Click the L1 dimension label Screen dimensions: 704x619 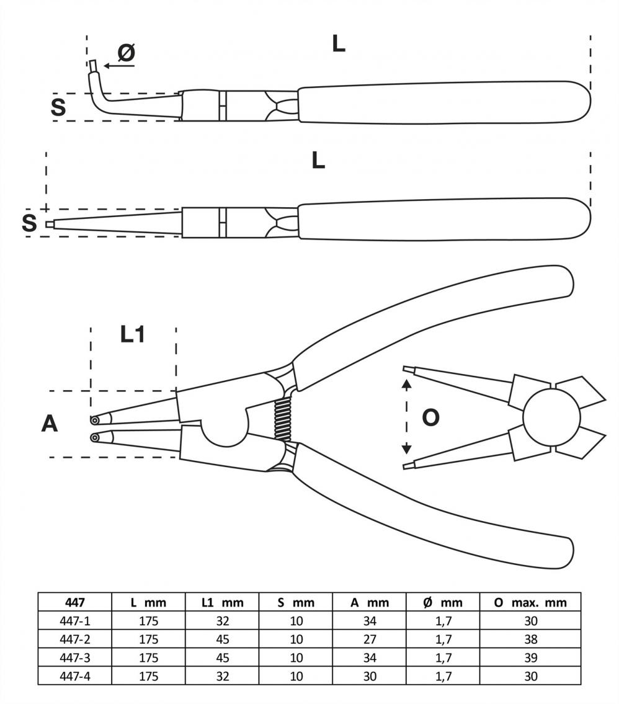coord(132,335)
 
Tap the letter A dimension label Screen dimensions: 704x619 coord(50,424)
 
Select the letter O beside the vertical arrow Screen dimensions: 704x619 coord(430,417)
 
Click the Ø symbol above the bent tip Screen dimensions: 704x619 coord(126,53)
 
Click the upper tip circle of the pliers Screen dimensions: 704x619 coord(94,419)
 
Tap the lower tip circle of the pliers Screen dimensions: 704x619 coord(94,438)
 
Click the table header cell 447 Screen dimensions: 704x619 coord(74,602)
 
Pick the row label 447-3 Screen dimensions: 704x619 coord(74,657)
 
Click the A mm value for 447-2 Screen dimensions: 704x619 coord(370,639)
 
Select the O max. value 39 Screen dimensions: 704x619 coord(530,657)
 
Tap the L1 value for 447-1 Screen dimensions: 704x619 coord(223,620)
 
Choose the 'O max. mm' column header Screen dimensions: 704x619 coord(530,602)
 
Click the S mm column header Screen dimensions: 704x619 coord(296,602)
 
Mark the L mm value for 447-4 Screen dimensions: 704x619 coord(148,676)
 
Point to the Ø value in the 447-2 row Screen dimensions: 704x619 coord(443,639)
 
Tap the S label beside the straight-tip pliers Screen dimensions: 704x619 coord(29,223)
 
